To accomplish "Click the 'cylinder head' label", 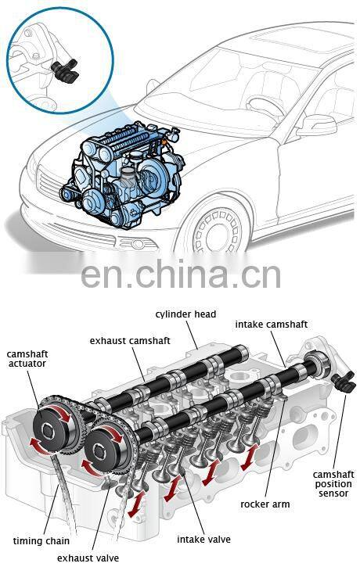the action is [x=185, y=314].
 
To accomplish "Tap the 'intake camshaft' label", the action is [x=272, y=325].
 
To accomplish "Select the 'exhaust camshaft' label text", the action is [x=130, y=341].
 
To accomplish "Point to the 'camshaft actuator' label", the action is [x=27, y=359].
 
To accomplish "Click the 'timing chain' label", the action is [x=41, y=540].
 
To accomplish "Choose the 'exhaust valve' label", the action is [x=88, y=558].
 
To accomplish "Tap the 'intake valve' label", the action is [x=203, y=540].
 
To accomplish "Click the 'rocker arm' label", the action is [x=265, y=504].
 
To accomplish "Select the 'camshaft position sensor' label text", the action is [x=333, y=484].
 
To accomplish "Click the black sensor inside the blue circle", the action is [x=65, y=70].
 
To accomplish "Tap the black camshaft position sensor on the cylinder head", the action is [x=344, y=382].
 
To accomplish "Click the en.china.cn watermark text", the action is [x=181, y=274].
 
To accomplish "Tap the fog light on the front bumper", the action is [x=137, y=243].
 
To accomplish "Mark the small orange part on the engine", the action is [x=164, y=141].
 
